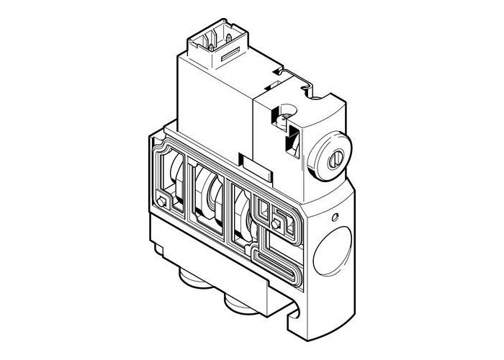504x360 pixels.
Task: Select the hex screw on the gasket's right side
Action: click(277, 224)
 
